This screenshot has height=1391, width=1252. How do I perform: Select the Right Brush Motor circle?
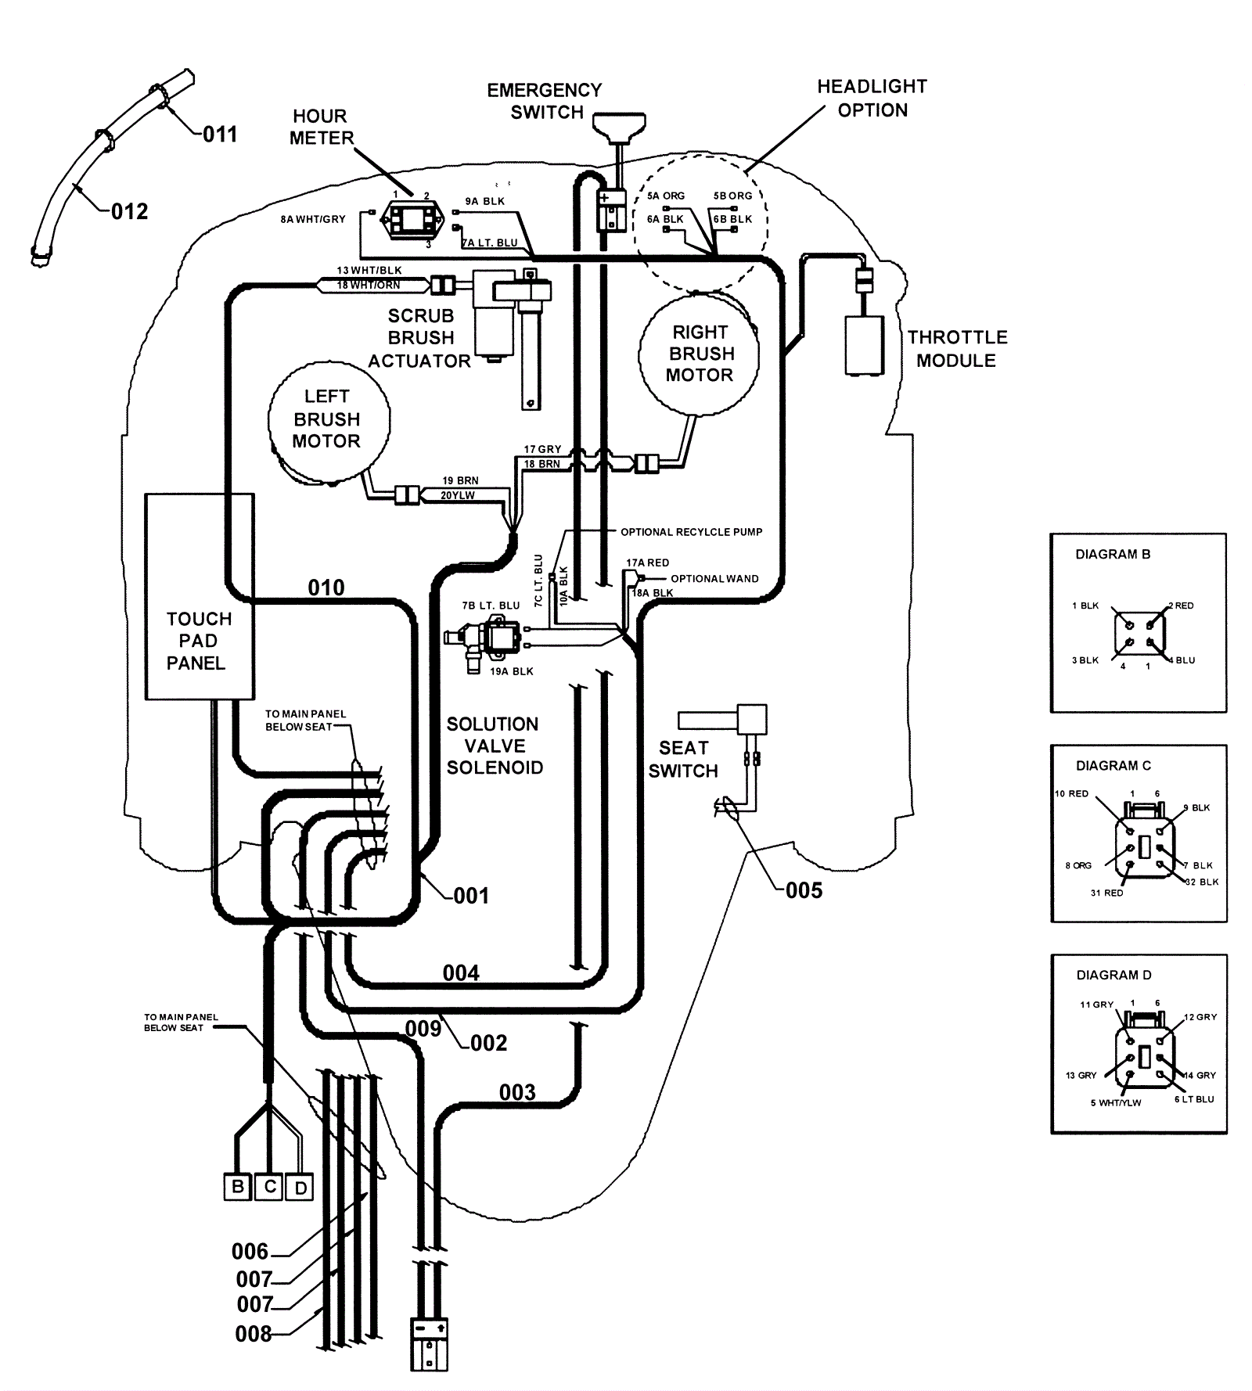click(x=699, y=354)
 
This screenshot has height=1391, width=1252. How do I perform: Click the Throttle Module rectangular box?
click(x=864, y=345)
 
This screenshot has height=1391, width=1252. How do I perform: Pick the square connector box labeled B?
click(x=237, y=1187)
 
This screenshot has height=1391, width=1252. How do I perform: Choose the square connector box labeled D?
click(x=300, y=1188)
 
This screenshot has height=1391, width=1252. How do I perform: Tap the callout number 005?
click(x=804, y=890)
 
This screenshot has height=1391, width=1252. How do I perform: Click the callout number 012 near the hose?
click(x=129, y=211)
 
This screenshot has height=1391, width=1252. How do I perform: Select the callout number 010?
click(x=326, y=588)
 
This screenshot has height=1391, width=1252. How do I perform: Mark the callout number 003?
click(x=517, y=1092)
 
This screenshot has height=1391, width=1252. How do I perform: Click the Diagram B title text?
click(x=1112, y=554)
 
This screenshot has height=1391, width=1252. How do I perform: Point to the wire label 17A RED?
click(x=647, y=563)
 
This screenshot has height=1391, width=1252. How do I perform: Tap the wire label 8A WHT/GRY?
click(x=313, y=220)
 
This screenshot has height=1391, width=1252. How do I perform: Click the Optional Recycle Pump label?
click(x=691, y=532)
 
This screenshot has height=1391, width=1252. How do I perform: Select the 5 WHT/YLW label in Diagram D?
click(x=1115, y=1102)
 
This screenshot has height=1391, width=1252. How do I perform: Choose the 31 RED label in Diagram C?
click(x=1106, y=893)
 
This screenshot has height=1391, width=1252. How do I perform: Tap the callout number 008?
click(x=253, y=1333)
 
